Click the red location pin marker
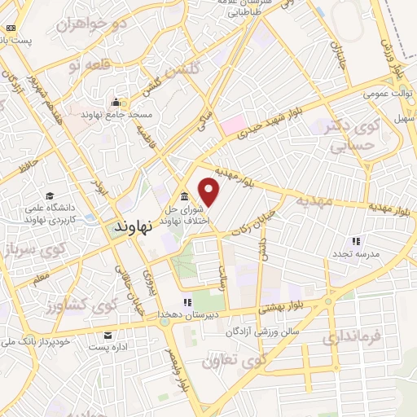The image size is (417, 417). tap(210, 191)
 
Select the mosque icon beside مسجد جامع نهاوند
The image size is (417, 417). tap(116, 103)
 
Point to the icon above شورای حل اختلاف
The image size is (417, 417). tap(183, 196)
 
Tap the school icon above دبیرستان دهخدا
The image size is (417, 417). tap(187, 302)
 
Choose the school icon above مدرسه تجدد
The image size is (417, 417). tap(355, 241)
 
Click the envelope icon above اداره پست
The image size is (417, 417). tap(108, 335)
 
